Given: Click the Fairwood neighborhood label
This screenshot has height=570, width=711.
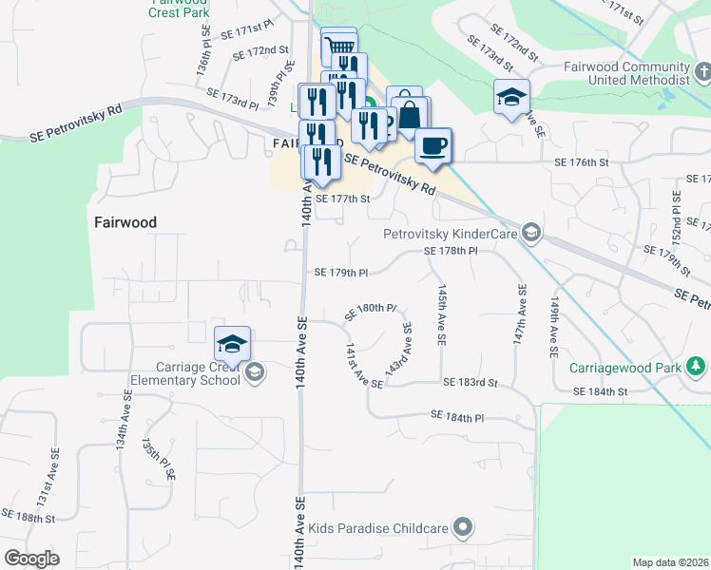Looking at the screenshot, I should click(x=125, y=222).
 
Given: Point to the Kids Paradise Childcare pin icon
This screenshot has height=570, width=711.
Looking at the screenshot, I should click(x=463, y=525).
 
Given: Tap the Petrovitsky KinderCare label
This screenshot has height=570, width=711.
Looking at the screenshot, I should click(x=452, y=233).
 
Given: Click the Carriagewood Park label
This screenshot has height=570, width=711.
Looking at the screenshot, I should click(x=627, y=367).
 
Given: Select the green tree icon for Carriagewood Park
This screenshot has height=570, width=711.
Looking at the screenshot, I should click(x=697, y=366).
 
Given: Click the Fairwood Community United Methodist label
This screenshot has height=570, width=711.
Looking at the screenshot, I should click(x=625, y=74).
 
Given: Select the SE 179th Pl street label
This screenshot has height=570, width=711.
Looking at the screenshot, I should click(x=341, y=273).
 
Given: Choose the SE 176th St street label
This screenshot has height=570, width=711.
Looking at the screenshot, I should click(x=581, y=162).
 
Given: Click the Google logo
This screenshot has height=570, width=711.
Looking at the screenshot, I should click(x=32, y=559).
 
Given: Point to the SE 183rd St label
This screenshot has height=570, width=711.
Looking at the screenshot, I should click(x=471, y=382).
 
